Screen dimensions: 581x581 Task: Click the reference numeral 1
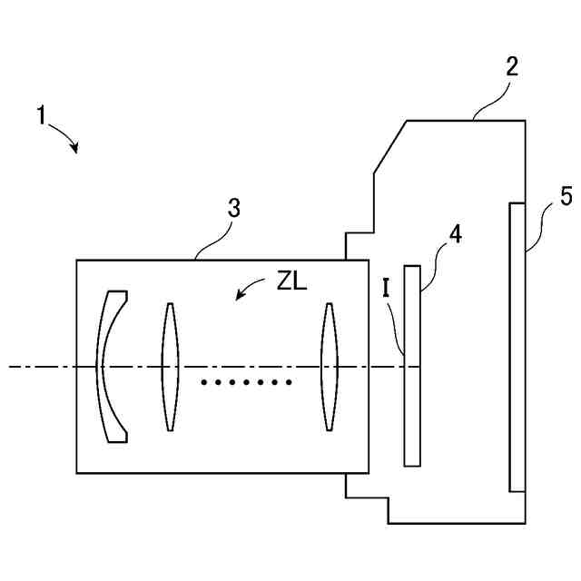[41, 116]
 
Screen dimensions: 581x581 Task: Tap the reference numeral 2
[512, 66]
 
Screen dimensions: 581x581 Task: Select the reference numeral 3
[233, 208]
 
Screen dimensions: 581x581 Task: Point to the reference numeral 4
[454, 234]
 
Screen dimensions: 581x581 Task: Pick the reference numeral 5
[565, 195]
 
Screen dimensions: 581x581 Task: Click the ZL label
[292, 281]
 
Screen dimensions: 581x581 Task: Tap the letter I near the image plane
[387, 289]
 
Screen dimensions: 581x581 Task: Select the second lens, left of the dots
[168, 366]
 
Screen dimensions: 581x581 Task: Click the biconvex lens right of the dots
[329, 366]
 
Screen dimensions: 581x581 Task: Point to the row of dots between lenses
[245, 382]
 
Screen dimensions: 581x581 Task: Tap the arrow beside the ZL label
[247, 290]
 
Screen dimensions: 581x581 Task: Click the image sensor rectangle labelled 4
[412, 365]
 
